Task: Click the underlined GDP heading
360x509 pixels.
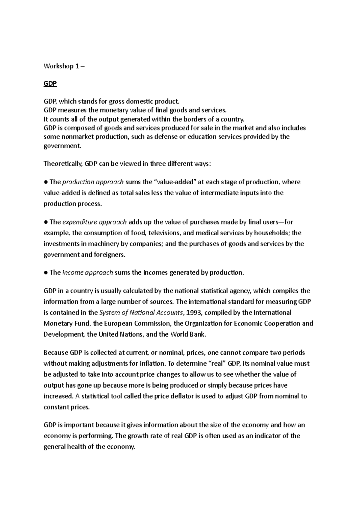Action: pyautogui.click(x=50, y=84)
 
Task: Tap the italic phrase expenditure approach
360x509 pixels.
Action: pyautogui.click(x=94, y=222)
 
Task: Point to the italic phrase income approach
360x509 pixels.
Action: pyautogui.click(x=88, y=272)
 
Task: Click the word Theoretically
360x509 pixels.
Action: pyautogui.click(x=63, y=164)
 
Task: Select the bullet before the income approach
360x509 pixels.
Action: pyautogui.click(x=46, y=272)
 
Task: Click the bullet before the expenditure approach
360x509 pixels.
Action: pyautogui.click(x=46, y=222)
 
